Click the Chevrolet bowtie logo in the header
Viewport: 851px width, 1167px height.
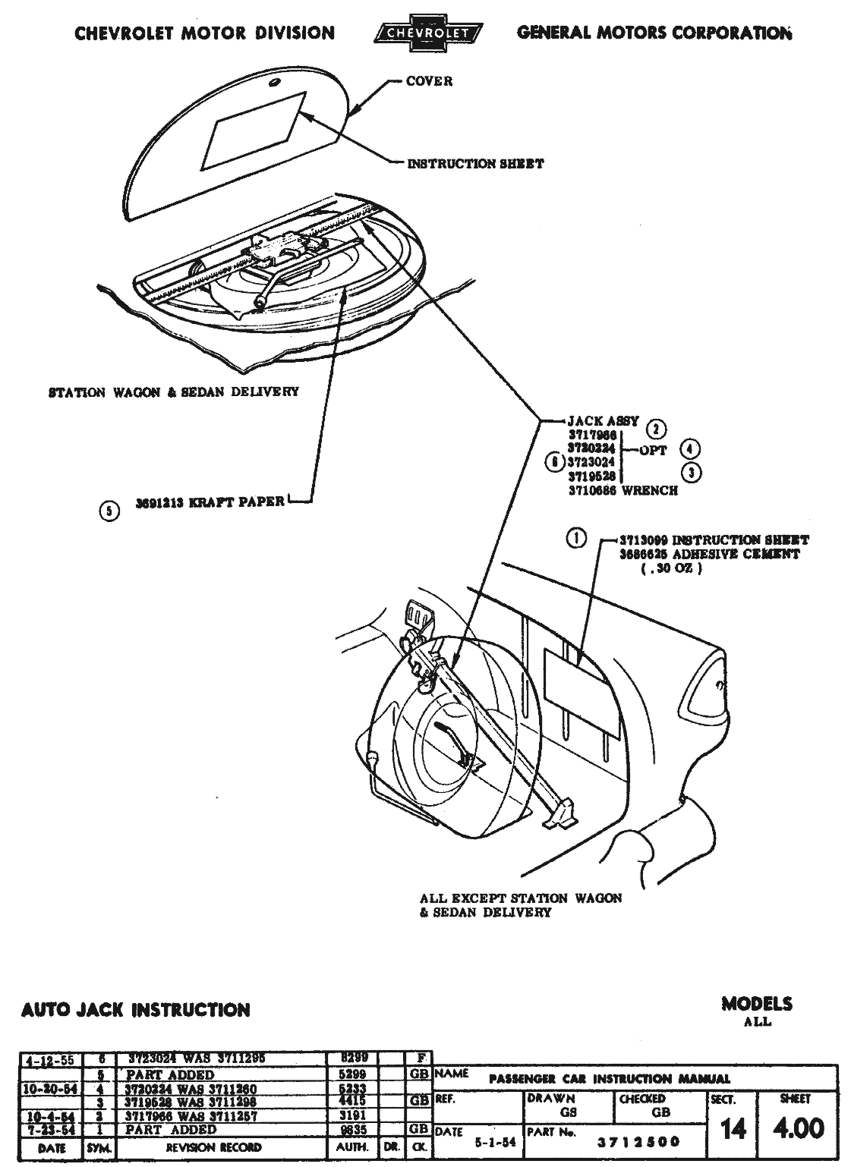coord(428,33)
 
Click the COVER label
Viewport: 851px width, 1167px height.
coord(429,81)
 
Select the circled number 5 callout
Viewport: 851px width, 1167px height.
coord(109,511)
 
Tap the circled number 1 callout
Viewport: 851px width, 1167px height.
coord(576,539)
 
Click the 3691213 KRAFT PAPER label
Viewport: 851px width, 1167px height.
coord(210,501)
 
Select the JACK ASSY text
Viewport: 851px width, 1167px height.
coord(604,420)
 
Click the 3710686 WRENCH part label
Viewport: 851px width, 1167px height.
coord(622,490)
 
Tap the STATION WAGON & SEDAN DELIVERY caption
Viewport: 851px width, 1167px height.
coord(173,392)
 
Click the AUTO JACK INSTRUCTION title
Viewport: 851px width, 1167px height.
coord(136,1010)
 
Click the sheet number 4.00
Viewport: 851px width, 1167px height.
coord(798,1128)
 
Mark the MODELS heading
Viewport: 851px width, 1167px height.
coord(756,1004)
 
